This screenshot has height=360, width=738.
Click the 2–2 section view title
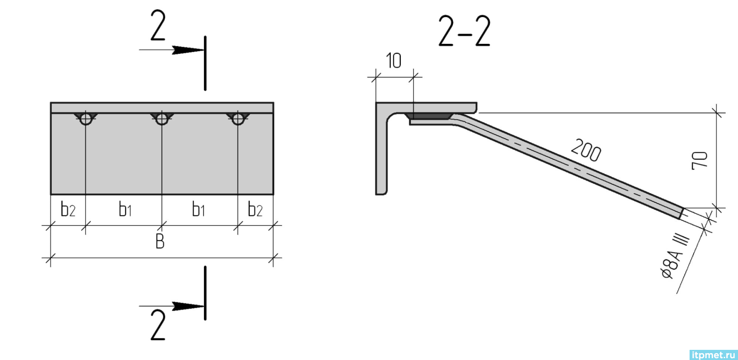click(x=464, y=31)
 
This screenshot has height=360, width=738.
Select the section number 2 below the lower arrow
click(x=158, y=325)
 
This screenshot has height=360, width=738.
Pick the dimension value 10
click(x=394, y=61)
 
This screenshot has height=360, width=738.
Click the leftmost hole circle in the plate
click(x=85, y=119)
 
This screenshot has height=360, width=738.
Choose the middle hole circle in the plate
click(x=161, y=119)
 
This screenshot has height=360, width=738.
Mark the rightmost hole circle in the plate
click(x=237, y=119)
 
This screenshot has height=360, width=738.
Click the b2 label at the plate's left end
click(x=69, y=211)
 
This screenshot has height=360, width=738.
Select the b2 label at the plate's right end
click(x=256, y=211)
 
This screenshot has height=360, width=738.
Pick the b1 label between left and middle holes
click(x=125, y=211)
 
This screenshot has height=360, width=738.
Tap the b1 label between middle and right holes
click(x=198, y=211)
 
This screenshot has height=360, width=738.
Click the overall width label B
click(x=160, y=241)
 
